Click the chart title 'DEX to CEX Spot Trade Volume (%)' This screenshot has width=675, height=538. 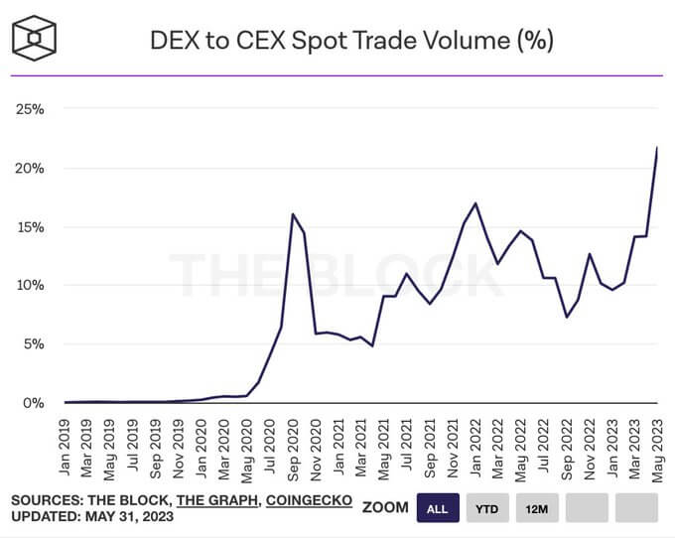pos(351,40)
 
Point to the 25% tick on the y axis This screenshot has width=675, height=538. pos(30,108)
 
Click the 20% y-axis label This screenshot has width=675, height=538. pos(30,168)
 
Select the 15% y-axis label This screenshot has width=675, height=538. pos(30,226)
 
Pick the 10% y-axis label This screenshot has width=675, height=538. pos(30,285)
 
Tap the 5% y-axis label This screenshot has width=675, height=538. pos(33,344)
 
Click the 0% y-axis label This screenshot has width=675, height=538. pos(33,403)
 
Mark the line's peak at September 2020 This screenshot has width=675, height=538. pos(293,214)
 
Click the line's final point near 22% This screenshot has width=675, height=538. pos(657,148)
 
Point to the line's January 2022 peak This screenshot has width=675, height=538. pos(475,203)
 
